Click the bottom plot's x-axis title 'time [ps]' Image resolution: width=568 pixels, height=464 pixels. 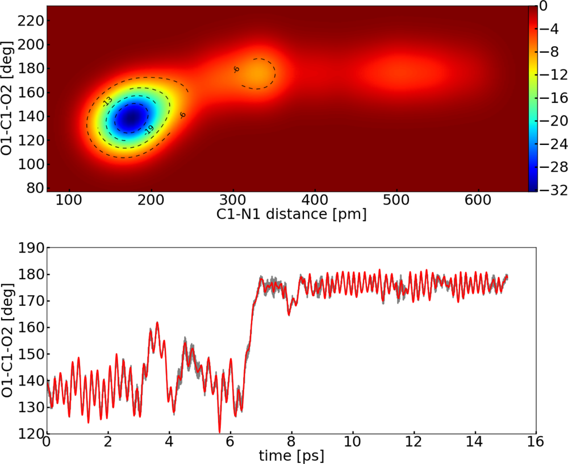click(291, 455)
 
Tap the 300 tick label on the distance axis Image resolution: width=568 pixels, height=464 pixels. click(233, 200)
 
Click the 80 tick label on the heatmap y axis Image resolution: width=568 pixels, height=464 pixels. click(35, 188)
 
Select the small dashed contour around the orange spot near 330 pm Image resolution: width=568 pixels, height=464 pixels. click(274, 73)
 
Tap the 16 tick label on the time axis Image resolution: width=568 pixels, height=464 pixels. click(536, 442)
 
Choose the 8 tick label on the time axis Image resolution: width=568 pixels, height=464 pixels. click(291, 442)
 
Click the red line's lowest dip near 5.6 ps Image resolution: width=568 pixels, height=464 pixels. click(219, 432)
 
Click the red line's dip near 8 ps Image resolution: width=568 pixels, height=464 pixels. click(289, 313)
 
